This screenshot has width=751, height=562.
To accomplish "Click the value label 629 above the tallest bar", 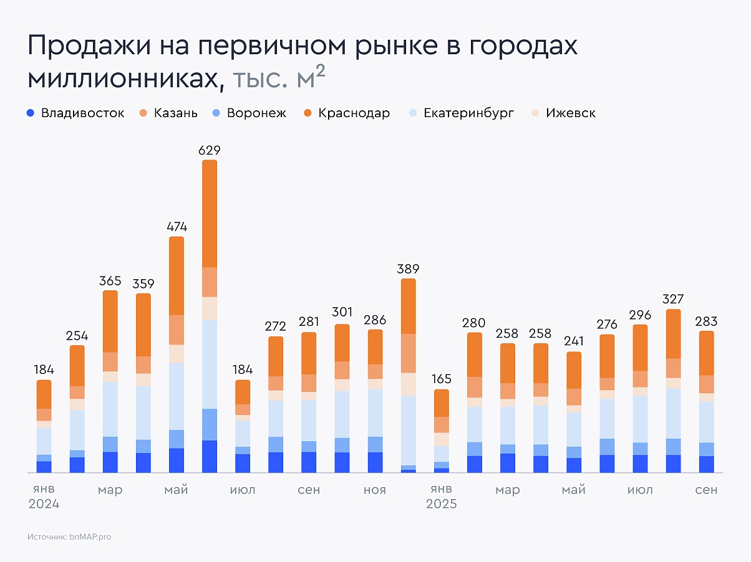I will coord(210,150).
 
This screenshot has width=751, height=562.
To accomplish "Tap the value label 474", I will coord(177,227).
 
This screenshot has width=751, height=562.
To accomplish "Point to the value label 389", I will coord(409,269).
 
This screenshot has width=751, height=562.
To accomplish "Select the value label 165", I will coord(441,379).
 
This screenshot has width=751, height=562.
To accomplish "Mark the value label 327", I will coord(673,299).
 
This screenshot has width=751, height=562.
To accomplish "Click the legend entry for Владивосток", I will coord(75,113).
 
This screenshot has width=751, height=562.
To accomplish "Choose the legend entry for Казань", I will coord(168,113).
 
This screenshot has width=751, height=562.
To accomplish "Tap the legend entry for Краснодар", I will coord(346,113).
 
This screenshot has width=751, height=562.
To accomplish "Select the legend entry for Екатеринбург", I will coord(461,113).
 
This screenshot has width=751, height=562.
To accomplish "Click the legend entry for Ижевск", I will coord(563,113).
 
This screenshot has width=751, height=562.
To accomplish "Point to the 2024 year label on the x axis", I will coord(44,504).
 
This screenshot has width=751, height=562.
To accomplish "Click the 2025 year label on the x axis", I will coord(441,504).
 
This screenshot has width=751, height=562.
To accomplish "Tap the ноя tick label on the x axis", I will coord(375,490).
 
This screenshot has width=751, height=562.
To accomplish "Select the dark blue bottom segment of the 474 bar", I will coord(177,460).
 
